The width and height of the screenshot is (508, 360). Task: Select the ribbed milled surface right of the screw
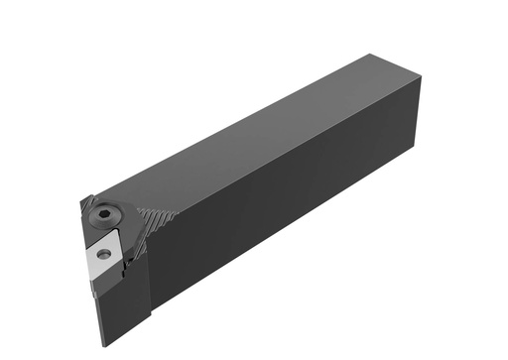(x=158, y=220)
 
